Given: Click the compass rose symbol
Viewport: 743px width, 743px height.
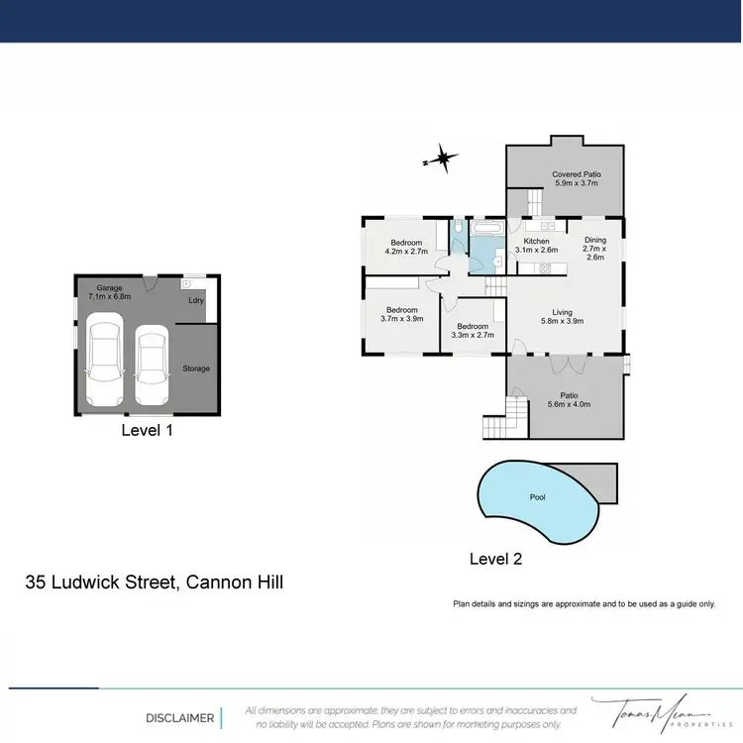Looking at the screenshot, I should [442, 158].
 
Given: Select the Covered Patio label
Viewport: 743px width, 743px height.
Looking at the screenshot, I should [577, 179].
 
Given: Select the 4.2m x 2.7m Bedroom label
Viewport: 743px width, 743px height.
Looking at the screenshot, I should [406, 248].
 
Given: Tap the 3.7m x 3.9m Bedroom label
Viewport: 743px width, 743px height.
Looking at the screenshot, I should [401, 314].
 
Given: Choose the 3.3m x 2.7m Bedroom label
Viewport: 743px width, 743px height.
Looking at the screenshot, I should [473, 331].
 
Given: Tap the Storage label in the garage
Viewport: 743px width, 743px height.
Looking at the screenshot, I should [196, 369].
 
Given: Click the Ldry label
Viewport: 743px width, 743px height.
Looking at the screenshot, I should [196, 300].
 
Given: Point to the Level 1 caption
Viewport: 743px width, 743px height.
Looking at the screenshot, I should [148, 430].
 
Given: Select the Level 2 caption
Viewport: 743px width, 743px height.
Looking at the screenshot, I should [495, 559].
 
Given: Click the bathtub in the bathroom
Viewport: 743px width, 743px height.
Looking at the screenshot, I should [486, 230].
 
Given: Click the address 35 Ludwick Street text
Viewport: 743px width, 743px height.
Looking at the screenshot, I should [154, 583].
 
